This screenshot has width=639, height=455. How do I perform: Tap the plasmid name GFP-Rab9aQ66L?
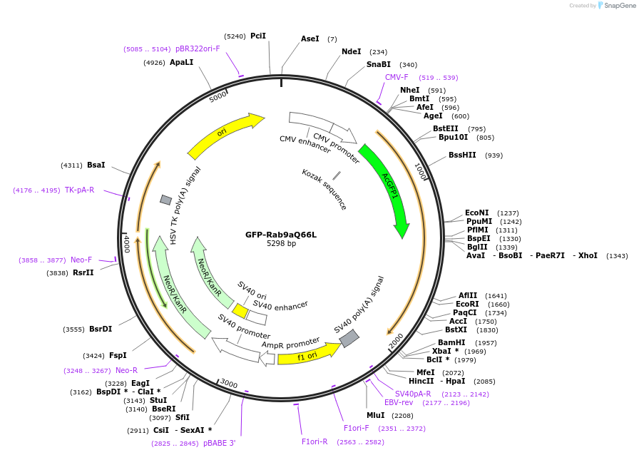281,235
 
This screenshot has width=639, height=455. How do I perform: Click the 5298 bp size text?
281,244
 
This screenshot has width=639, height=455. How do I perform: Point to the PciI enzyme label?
258,36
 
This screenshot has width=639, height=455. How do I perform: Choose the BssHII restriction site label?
462,155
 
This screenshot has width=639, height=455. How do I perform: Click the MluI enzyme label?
375,415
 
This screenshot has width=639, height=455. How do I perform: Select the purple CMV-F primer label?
397,77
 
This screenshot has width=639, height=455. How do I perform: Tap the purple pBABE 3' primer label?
219,443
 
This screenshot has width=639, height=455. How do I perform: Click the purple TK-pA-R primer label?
79,190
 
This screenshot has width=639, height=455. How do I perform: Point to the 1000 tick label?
420,171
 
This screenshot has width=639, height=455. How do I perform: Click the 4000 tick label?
127,244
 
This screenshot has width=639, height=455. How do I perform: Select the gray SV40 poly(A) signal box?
349,339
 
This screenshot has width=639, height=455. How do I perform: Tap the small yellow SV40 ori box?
240,312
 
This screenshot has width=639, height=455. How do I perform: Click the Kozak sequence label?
324,189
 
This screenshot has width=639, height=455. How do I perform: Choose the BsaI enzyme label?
96,165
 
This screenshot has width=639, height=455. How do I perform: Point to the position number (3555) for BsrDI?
73,329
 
